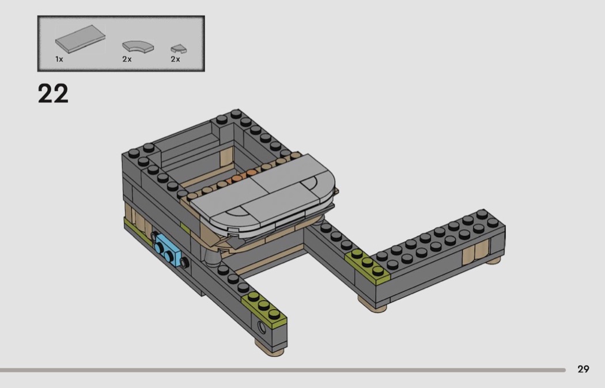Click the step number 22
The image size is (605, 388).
click(x=53, y=93)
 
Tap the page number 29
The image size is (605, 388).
click(x=583, y=369)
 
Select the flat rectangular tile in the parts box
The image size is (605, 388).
click(x=80, y=39)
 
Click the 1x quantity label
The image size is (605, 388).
click(x=59, y=59)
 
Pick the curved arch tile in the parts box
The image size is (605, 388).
click(x=138, y=47)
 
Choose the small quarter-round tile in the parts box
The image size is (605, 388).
click(x=179, y=49)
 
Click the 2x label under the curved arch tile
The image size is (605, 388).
click(x=127, y=59)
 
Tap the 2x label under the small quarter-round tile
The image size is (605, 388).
click(x=175, y=59)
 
